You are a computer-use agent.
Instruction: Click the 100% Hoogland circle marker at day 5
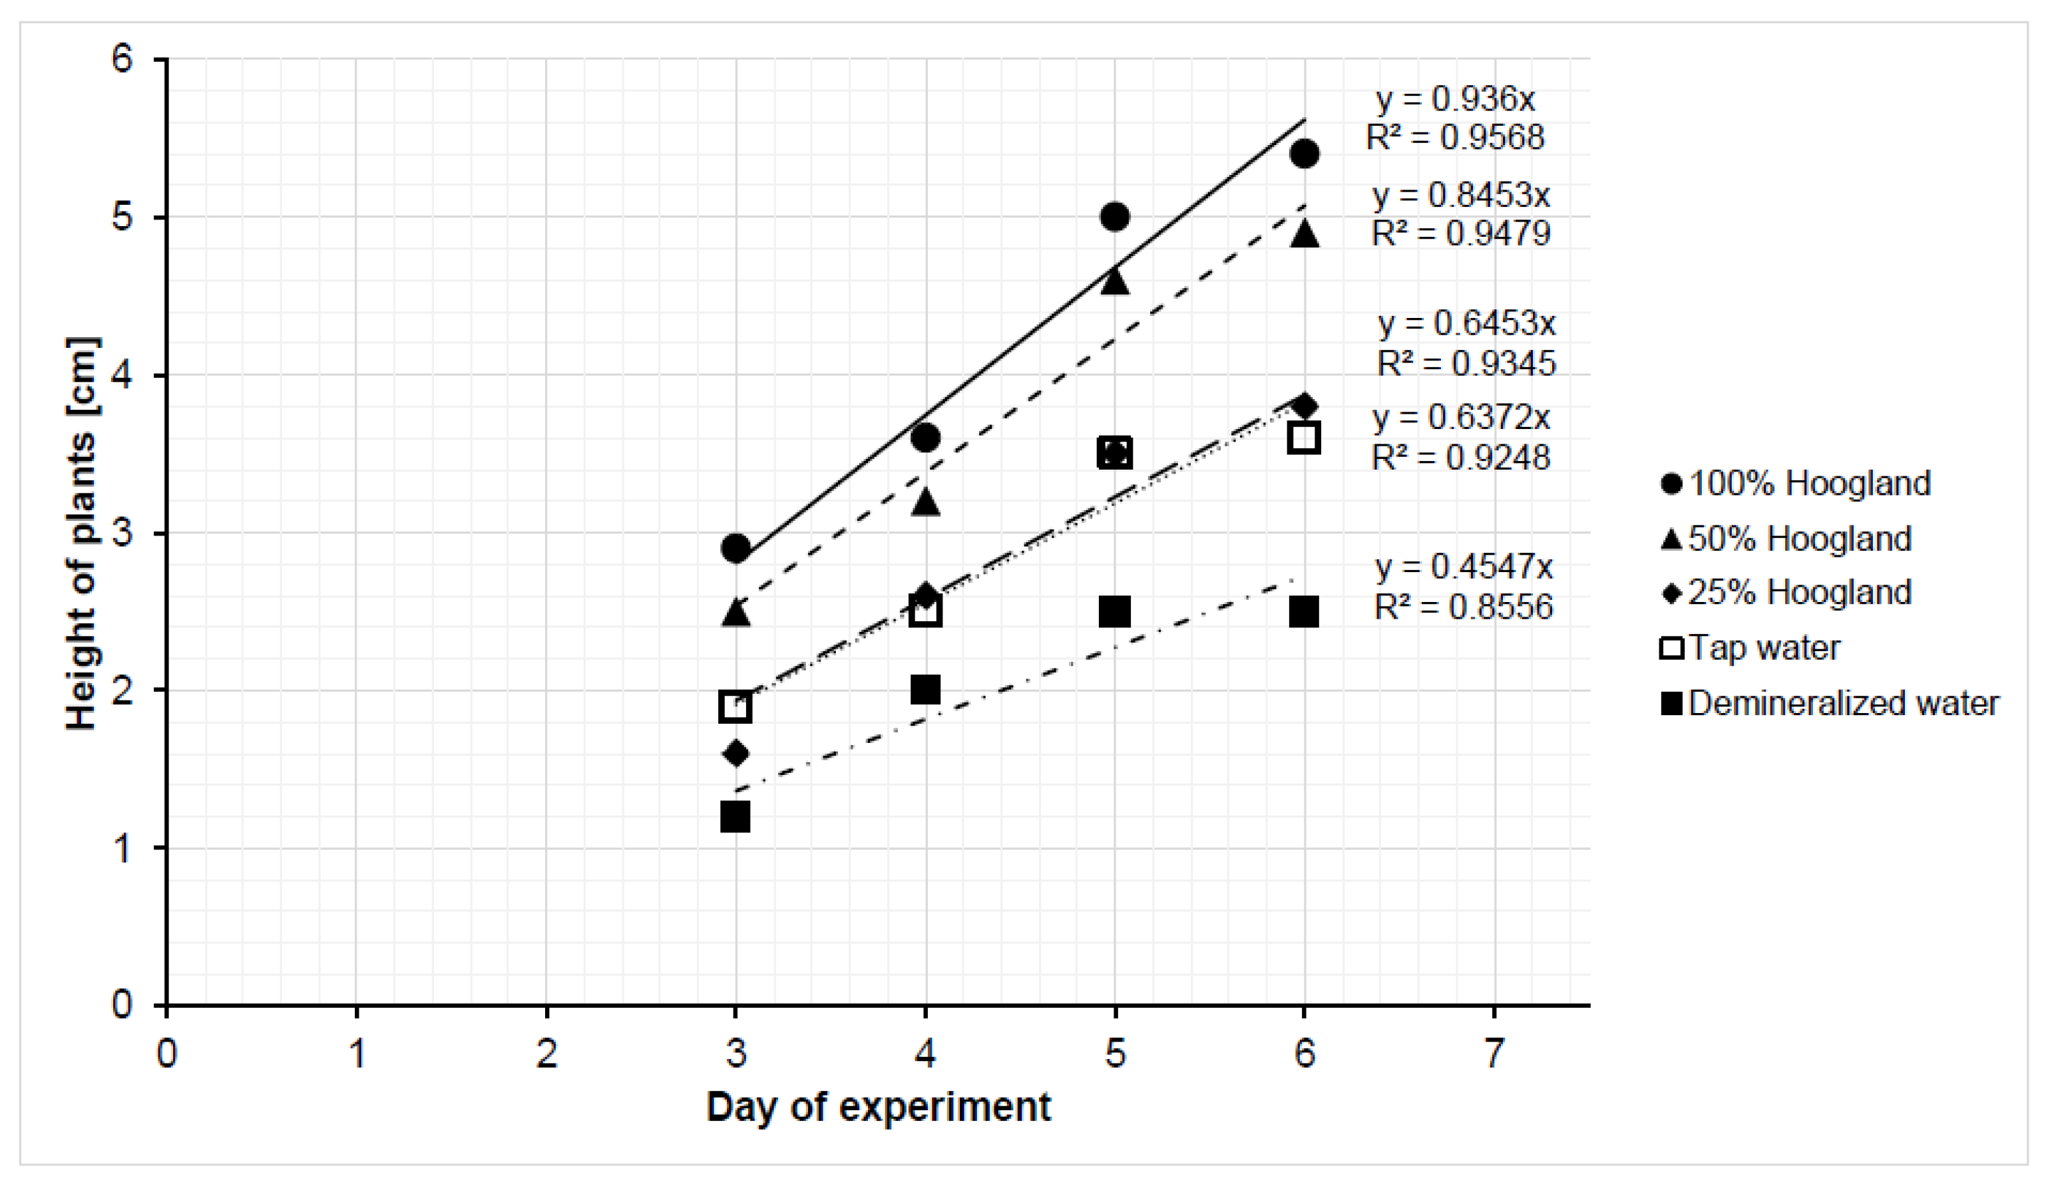click(x=1115, y=217)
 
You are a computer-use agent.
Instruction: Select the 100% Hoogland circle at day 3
click(x=736, y=547)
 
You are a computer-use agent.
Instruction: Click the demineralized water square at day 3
click(x=736, y=816)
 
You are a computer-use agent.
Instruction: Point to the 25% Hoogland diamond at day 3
click(x=736, y=752)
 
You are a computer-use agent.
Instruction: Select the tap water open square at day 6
click(x=1304, y=438)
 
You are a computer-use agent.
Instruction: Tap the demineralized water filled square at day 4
click(x=925, y=690)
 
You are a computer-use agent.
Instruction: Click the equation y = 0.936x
click(x=1455, y=100)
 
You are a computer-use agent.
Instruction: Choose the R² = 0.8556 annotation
click(x=1464, y=607)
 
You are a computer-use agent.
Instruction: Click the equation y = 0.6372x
click(x=1461, y=418)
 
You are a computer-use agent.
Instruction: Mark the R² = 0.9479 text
click(x=1460, y=234)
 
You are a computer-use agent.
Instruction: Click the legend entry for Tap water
click(x=1764, y=648)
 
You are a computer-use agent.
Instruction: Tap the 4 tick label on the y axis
click(x=122, y=375)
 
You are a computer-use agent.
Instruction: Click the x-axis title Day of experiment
click(x=878, y=1108)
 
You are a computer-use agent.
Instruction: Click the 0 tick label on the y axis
click(x=122, y=1004)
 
